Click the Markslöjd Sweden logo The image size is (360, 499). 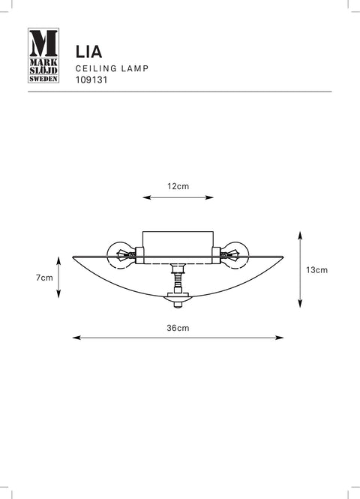tap(43, 56)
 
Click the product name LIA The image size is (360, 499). tap(88, 52)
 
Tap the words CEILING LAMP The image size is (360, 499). tap(112, 68)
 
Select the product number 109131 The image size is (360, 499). tap(91, 80)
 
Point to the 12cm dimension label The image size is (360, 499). tap(178, 186)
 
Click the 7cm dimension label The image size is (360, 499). tap(44, 278)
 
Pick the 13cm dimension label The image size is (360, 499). tap(316, 270)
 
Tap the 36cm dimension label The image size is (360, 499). tap(178, 328)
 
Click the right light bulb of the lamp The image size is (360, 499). tap(235, 255)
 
